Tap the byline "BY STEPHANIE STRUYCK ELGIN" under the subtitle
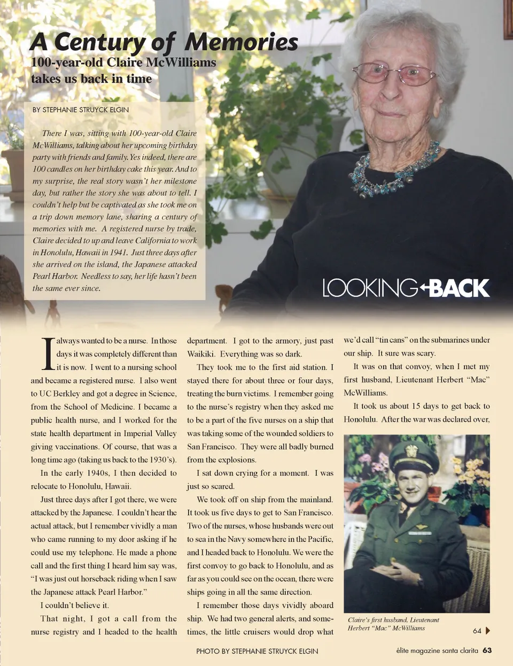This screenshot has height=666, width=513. coord(81,110)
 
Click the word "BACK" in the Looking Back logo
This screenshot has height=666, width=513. coord(459,288)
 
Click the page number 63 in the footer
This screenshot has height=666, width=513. coord(487,650)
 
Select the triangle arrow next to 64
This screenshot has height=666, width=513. coord(487,631)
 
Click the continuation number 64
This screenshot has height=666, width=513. coord(477,631)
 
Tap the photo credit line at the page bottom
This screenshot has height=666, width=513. coord(257,651)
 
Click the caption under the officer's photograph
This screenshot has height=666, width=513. coord(394,624)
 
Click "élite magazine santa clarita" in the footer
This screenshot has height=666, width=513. coord(437,650)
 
